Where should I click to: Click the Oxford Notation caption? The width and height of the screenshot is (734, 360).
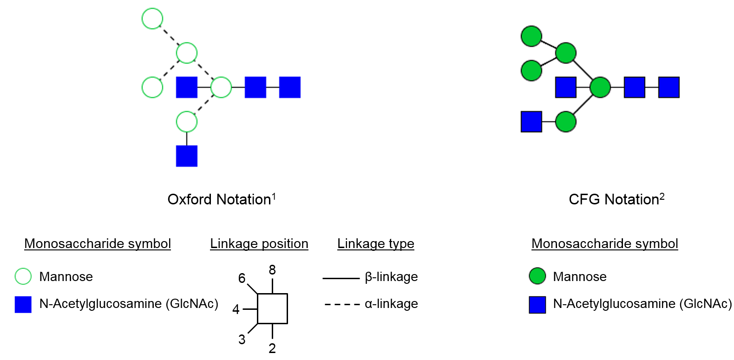tap(219, 199)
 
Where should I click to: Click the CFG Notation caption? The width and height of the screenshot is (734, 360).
tap(614, 199)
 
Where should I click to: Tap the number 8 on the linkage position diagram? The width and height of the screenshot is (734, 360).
tap(272, 270)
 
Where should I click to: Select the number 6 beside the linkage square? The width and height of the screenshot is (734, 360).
tap(242, 278)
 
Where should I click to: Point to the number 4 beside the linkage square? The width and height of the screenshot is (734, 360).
tap(236, 309)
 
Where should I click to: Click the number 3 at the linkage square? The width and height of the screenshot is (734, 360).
tap(242, 340)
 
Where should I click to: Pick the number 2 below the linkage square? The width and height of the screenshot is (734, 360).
tap(272, 348)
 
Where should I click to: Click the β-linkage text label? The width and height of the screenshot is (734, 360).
tap(391, 277)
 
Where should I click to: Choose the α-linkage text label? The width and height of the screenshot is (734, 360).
tap(391, 304)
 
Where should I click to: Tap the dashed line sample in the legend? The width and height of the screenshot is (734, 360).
tap(342, 305)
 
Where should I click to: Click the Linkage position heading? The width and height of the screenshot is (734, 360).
tap(259, 243)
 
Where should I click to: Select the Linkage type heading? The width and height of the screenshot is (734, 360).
tap(375, 243)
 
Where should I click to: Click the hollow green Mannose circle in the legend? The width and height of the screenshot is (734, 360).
tap(23, 276)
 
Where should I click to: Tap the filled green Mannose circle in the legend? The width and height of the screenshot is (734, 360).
tap(537, 276)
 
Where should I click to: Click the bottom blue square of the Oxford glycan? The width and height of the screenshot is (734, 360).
tap(187, 156)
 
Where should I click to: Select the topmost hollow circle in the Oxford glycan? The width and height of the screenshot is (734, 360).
tap(152, 19)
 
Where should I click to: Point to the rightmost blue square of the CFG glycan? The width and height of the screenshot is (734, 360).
tap(668, 87)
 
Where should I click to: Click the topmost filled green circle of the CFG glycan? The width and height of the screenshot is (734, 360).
tap(531, 36)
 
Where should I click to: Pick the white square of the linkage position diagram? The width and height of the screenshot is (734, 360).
tap(272, 308)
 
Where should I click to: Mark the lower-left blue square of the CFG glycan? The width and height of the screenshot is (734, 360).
tap(531, 122)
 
